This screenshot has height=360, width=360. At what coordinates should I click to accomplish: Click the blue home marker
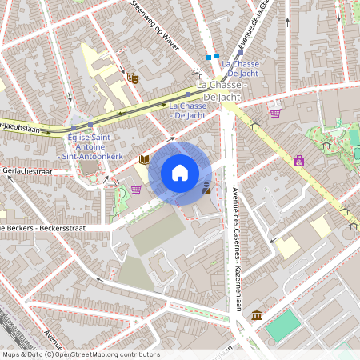pyautogui.click(x=180, y=172)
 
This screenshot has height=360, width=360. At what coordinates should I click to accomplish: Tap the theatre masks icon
pyautogui.click(x=132, y=77)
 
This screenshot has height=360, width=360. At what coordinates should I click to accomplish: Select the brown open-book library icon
pyautogui.click(x=145, y=159)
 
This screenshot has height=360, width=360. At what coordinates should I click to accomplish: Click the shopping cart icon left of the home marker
pyautogui.click(x=136, y=190)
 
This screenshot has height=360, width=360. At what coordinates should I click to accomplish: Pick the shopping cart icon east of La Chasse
pyautogui.click(x=275, y=114)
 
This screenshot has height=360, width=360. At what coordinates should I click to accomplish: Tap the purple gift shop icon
pyautogui.click(x=299, y=161)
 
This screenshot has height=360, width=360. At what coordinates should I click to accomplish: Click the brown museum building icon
pyautogui.click(x=256, y=315)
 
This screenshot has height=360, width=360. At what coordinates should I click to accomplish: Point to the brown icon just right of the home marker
pyautogui.click(x=207, y=188)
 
